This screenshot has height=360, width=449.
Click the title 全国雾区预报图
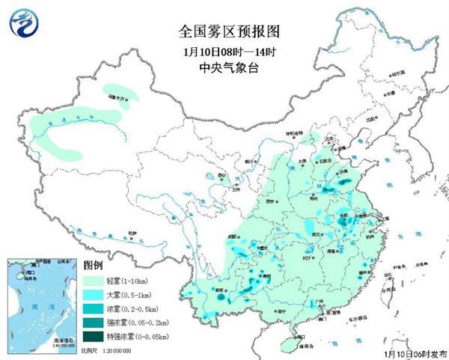pos(224,32)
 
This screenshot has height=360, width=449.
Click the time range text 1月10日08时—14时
pos(224,52)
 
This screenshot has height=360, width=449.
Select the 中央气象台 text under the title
pos(224,68)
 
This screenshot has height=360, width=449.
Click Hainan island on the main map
pos(288,341)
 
